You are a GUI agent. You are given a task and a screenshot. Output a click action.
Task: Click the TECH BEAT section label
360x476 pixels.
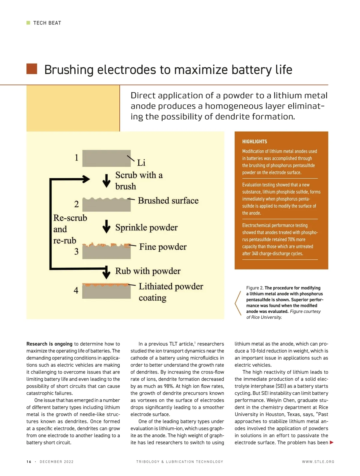click(47, 23)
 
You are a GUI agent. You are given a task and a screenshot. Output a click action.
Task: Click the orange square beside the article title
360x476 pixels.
click(32, 69)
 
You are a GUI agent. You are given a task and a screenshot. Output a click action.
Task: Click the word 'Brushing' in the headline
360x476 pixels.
click(69, 70)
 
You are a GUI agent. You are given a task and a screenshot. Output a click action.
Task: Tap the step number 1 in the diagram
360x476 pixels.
click(76, 157)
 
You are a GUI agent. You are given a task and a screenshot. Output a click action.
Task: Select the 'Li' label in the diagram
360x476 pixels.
click(141, 163)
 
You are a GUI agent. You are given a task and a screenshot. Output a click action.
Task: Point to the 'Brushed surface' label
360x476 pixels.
click(168, 201)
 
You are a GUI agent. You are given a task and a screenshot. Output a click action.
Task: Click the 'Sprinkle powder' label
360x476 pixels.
click(146, 228)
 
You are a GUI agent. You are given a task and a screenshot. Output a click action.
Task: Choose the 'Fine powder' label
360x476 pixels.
click(163, 247)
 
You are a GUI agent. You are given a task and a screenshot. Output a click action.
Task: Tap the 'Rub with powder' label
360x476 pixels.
click(148, 271)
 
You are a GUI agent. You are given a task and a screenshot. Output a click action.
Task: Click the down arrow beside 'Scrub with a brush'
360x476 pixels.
click(106, 180)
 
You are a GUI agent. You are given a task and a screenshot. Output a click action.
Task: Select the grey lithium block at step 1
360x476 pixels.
click(106, 158)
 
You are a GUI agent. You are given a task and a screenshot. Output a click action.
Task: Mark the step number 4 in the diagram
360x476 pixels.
click(76, 290)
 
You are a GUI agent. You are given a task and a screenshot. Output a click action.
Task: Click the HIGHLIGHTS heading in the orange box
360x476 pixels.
click(254, 141)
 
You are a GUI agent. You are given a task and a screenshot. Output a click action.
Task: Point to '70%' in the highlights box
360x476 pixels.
click(291, 239)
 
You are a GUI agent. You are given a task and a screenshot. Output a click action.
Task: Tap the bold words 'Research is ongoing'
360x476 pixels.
click(49, 344)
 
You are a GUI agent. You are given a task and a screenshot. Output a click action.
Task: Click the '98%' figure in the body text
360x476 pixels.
click(169, 386)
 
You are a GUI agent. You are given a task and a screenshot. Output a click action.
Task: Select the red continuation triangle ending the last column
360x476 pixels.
click(331, 442)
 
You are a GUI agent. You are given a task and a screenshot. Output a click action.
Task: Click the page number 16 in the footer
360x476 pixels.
click(29, 462)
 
